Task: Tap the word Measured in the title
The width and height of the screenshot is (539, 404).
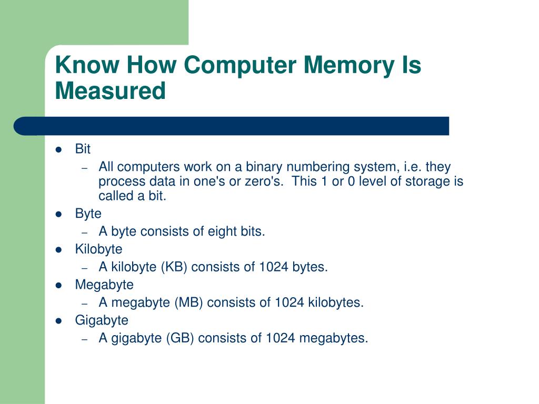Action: pyautogui.click(x=110, y=90)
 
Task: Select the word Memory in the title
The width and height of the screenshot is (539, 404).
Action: pyautogui.click(x=345, y=65)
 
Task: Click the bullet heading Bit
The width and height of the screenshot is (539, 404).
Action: pyautogui.click(x=83, y=149)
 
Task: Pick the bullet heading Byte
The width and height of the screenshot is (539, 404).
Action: pyautogui.click(x=88, y=214)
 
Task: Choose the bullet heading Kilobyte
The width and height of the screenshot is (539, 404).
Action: pyautogui.click(x=98, y=249)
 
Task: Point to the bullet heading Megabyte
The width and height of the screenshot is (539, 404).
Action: pyautogui.click(x=104, y=285)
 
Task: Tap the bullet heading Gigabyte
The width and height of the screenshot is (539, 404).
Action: pyautogui.click(x=102, y=320)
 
